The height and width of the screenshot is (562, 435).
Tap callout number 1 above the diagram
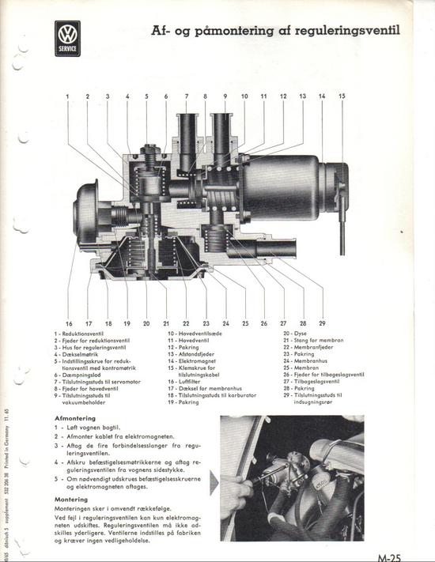tap(67, 96)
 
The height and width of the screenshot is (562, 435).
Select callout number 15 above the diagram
tap(342, 96)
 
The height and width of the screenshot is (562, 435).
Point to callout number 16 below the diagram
tap(68, 323)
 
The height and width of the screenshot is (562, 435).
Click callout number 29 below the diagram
tap(322, 323)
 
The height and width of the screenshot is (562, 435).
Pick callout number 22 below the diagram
tap(186, 323)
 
